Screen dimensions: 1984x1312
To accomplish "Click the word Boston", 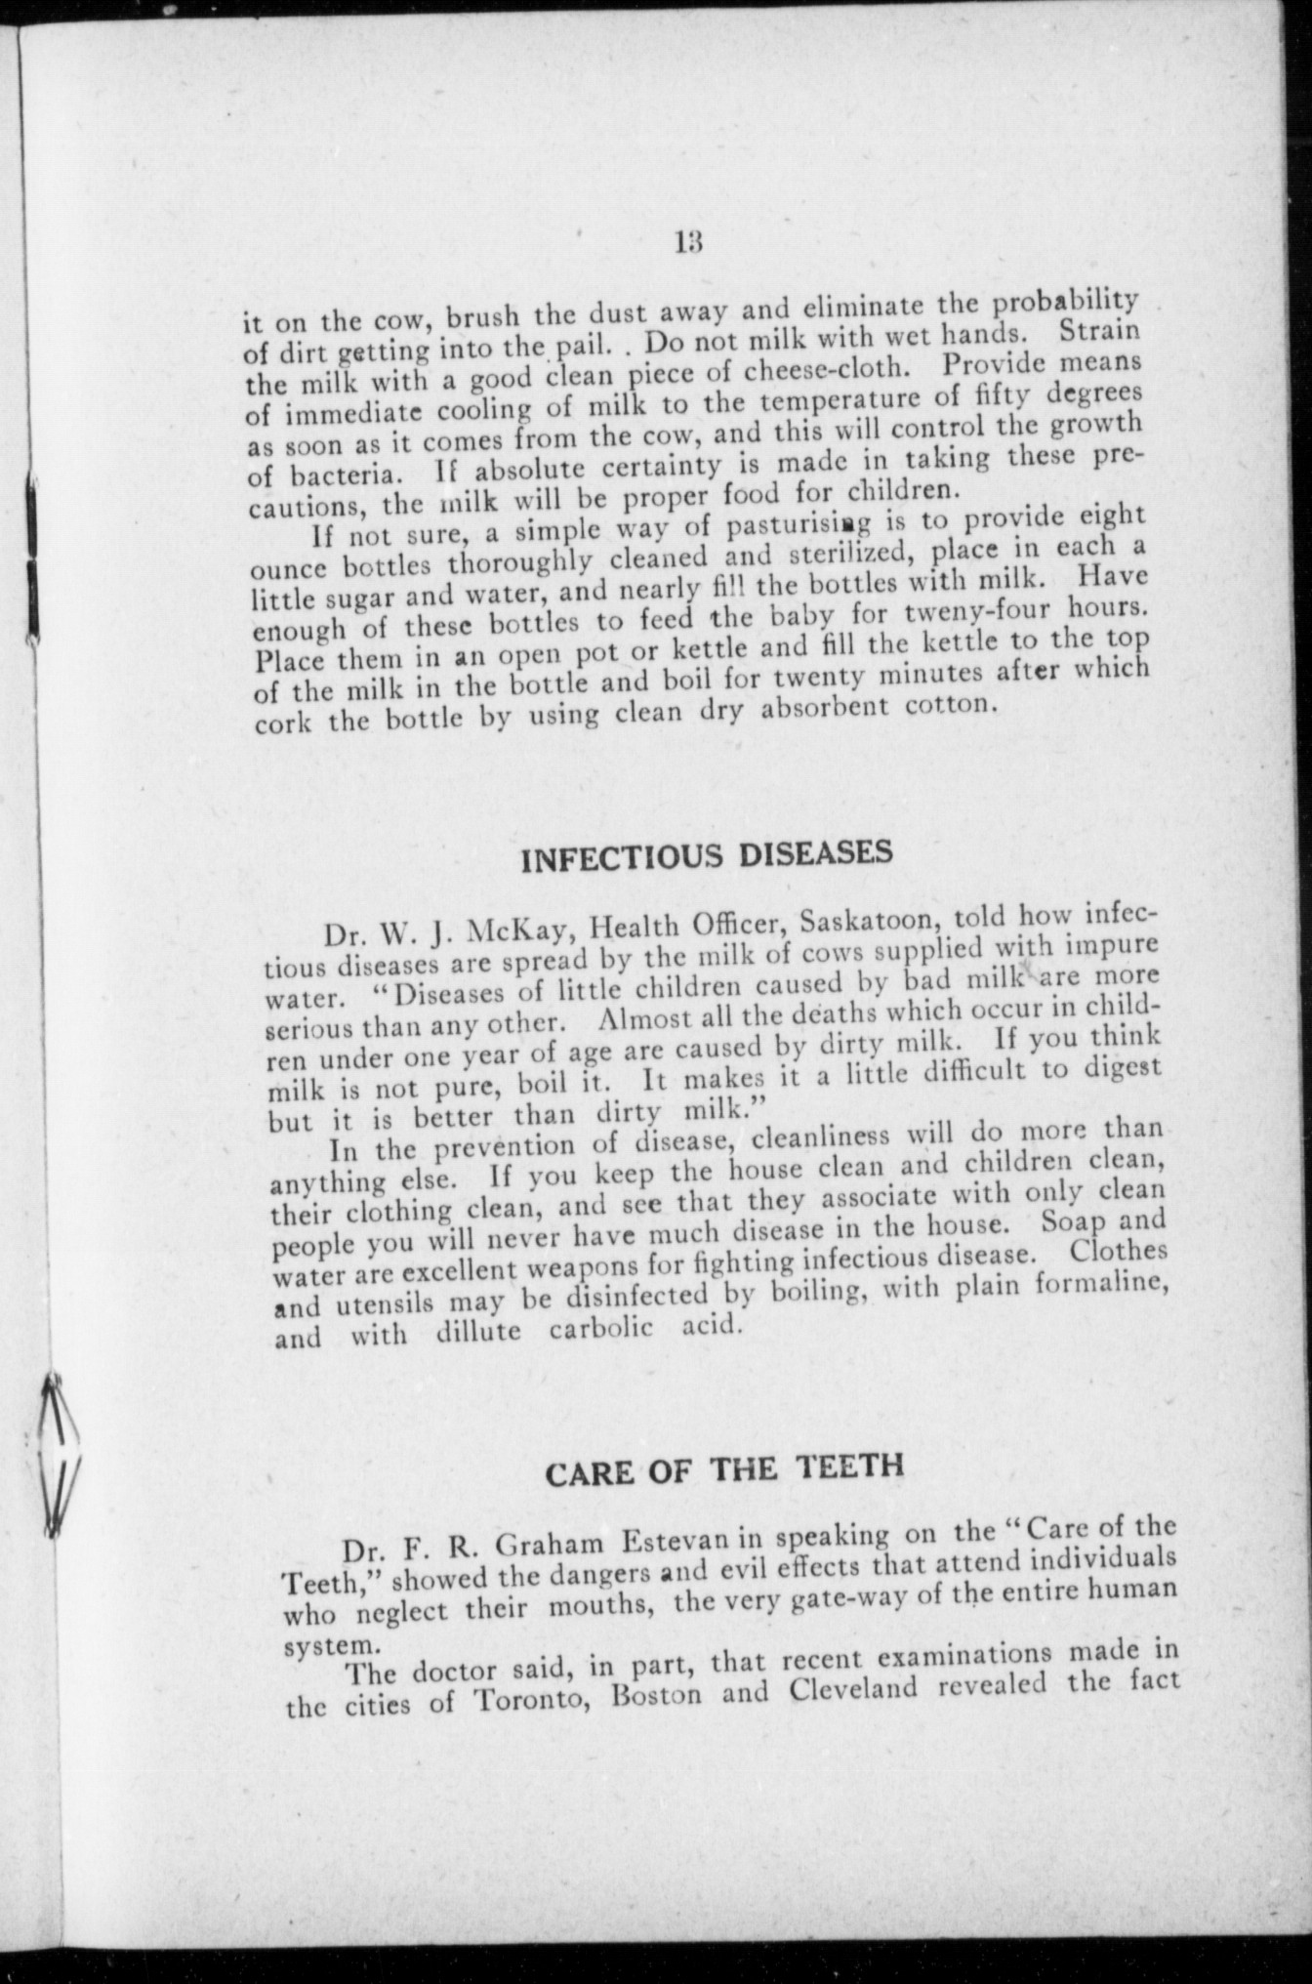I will coord(656,1695).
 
